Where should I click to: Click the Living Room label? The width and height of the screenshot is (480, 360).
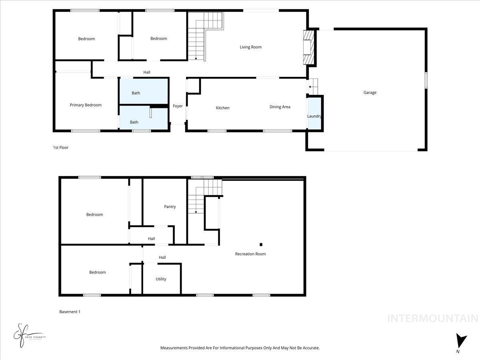[250, 47]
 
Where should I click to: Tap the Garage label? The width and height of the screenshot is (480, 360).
[370, 93]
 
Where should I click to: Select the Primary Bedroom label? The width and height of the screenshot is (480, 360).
[86, 105]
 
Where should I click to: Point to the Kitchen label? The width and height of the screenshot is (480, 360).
[223, 108]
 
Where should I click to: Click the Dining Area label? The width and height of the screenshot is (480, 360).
[280, 107]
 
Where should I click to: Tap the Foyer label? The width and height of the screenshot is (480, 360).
[178, 106]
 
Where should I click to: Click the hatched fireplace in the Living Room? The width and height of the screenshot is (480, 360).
[308, 47]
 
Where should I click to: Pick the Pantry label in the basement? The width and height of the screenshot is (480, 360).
[170, 207]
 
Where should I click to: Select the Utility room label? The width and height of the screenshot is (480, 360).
[161, 279]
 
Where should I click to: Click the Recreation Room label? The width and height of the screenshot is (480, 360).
[250, 254]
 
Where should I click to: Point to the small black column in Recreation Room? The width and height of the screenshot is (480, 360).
[261, 244]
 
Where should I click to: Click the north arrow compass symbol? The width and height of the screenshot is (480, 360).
[461, 341]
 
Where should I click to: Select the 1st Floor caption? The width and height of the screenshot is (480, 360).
[61, 148]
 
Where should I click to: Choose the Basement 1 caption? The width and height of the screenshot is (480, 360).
[70, 312]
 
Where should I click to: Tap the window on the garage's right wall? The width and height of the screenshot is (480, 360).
[426, 79]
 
